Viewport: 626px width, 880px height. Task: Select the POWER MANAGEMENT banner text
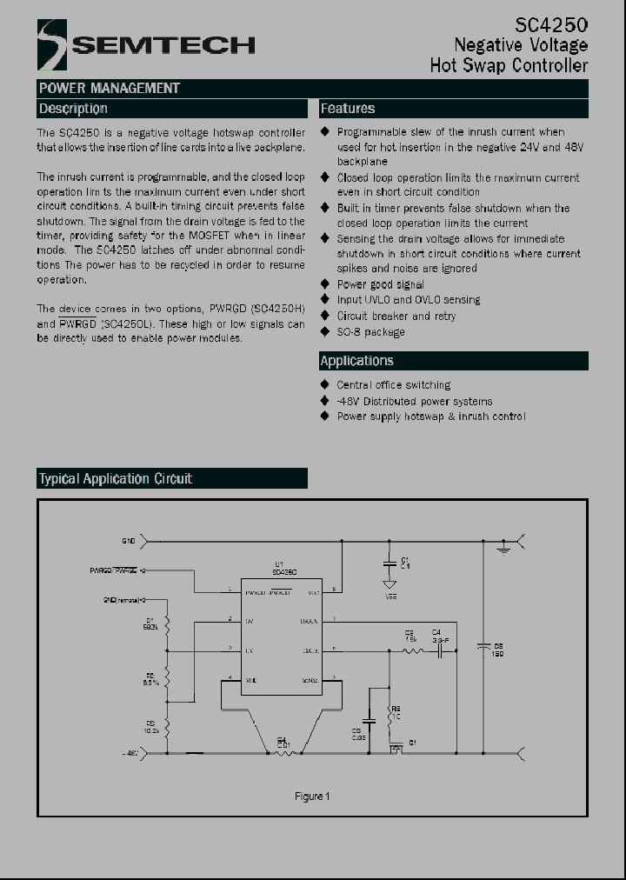coord(109,88)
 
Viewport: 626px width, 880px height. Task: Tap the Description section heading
coord(73,109)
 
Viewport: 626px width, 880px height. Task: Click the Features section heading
coord(348,109)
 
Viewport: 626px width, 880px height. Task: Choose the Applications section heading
coord(356,361)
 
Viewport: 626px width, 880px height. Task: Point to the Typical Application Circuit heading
coord(115,478)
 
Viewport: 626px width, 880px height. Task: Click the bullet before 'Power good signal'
coord(325,284)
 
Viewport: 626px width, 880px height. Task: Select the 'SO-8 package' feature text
coord(370,332)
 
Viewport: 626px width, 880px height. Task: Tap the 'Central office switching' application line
coord(393,384)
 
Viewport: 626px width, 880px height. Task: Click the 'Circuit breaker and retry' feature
coord(396,317)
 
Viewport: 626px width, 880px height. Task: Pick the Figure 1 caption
coord(312,797)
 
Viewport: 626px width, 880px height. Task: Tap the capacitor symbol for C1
coord(390,563)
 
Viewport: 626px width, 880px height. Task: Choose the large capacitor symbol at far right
coord(483,647)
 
